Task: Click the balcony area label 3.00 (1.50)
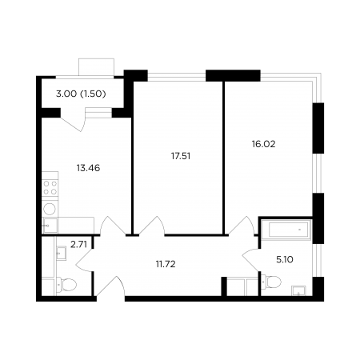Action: click(x=81, y=94)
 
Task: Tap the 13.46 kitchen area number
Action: click(x=88, y=168)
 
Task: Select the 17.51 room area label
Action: click(x=181, y=156)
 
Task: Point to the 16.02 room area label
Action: click(x=263, y=144)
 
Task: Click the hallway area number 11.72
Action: click(x=166, y=264)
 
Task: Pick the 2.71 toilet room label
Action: click(x=78, y=244)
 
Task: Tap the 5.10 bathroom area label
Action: click(x=285, y=259)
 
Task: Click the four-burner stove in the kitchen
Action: click(x=50, y=188)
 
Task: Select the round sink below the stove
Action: click(x=50, y=209)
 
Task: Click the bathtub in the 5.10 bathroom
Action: click(x=286, y=230)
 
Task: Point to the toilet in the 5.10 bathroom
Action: click(x=271, y=282)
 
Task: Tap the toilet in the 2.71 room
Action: click(x=66, y=285)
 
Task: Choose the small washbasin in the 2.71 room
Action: click(x=61, y=252)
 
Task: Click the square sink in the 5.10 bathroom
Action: click(x=298, y=290)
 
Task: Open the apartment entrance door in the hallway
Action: click(x=110, y=286)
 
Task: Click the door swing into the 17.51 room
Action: click(x=151, y=226)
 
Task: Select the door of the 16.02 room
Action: click(x=241, y=226)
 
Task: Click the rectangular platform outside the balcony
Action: click(x=96, y=67)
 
